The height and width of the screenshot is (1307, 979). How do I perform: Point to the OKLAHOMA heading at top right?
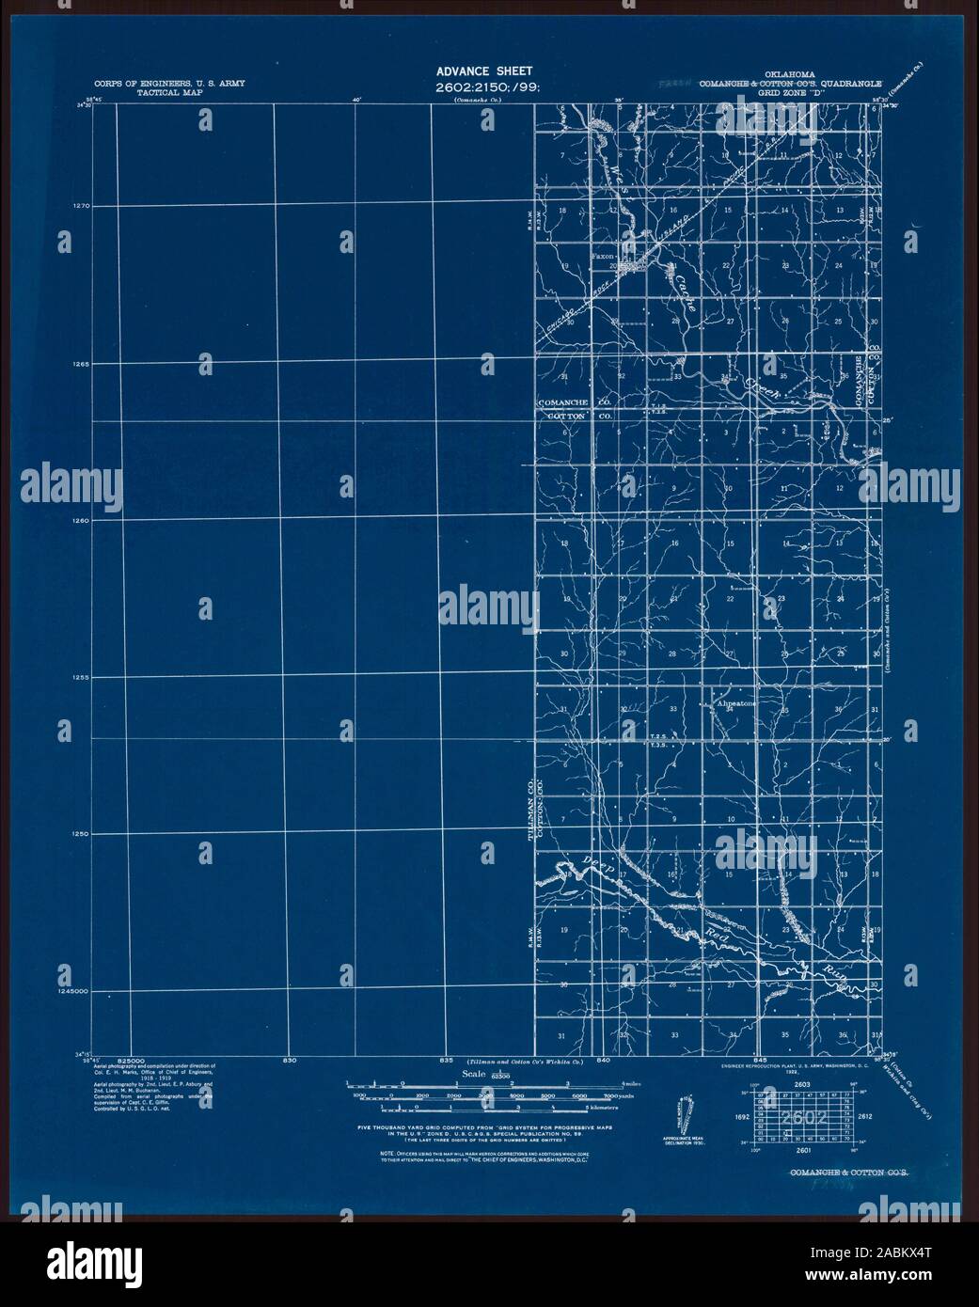tap(789, 72)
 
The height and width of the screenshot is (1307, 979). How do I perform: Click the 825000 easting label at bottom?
tap(137, 1060)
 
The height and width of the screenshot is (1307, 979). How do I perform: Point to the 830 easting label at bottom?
tap(289, 1060)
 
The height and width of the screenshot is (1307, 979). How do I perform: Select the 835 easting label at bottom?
tap(446, 1060)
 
